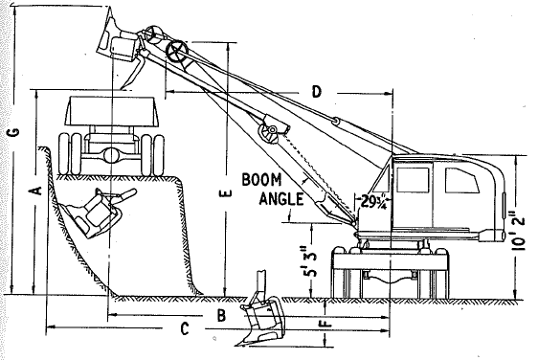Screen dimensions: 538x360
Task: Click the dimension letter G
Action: coord(15,132)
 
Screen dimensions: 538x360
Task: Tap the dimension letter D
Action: coord(317,92)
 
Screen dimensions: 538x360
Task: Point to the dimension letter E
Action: coord(227,194)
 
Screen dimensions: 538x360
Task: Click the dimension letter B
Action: coord(222,315)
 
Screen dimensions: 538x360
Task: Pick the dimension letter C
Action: coord(185,328)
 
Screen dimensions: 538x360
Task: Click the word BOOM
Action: coord(261,180)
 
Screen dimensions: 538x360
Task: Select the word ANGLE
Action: coord(281,199)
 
